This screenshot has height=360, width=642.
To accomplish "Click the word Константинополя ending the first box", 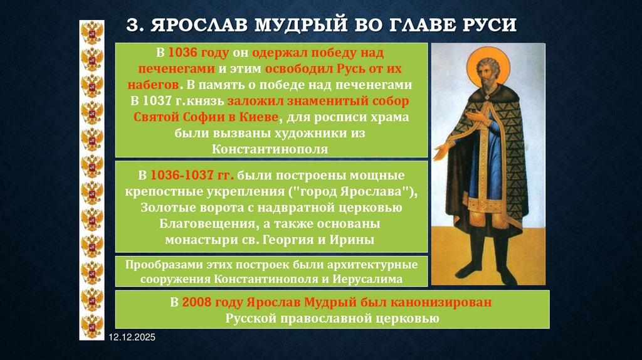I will click(270, 149).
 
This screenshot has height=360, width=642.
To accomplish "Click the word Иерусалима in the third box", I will click(368, 278).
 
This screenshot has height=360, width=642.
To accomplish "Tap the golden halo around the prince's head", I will click(488, 58).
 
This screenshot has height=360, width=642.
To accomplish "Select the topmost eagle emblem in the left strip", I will click(92, 31).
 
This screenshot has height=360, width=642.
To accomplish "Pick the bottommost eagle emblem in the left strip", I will click(92, 326).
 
